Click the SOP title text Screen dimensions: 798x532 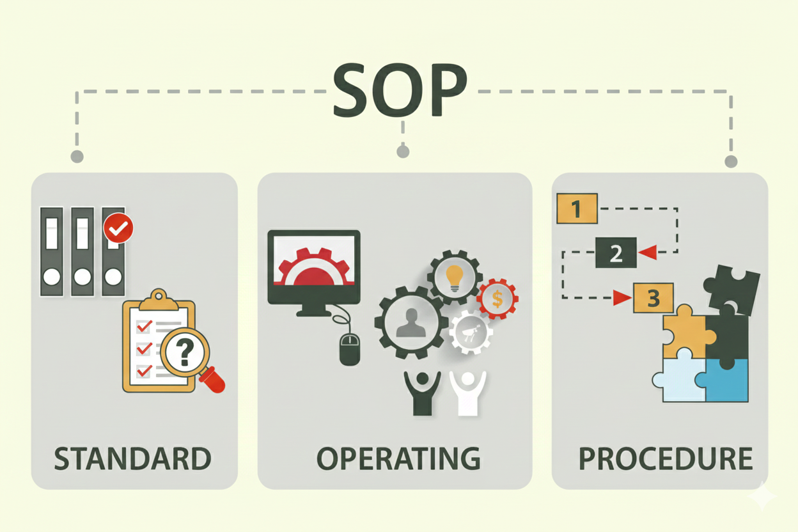[x=400, y=90]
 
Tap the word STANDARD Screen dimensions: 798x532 [x=132, y=458]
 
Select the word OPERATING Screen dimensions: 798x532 [x=398, y=458]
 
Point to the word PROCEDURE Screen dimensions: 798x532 [x=665, y=458]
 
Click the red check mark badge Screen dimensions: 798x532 [x=118, y=227]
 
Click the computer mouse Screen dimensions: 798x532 [x=350, y=349]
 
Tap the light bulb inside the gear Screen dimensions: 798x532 [x=454, y=277]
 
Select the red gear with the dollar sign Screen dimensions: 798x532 [x=497, y=298]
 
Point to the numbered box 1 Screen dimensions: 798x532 [x=577, y=208]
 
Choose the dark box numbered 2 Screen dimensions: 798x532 [x=616, y=253]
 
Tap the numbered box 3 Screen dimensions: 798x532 [x=653, y=297]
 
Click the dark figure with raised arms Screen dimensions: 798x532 [x=422, y=392]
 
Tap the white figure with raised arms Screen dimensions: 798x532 [x=467, y=392]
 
